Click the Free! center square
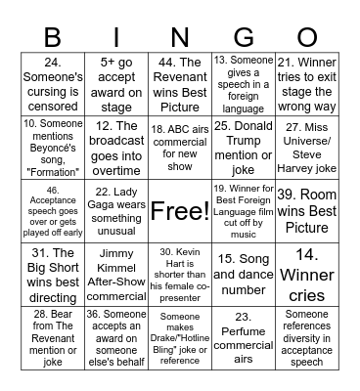point(179,209)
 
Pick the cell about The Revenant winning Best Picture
point(179,84)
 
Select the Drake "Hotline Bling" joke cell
point(179,334)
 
